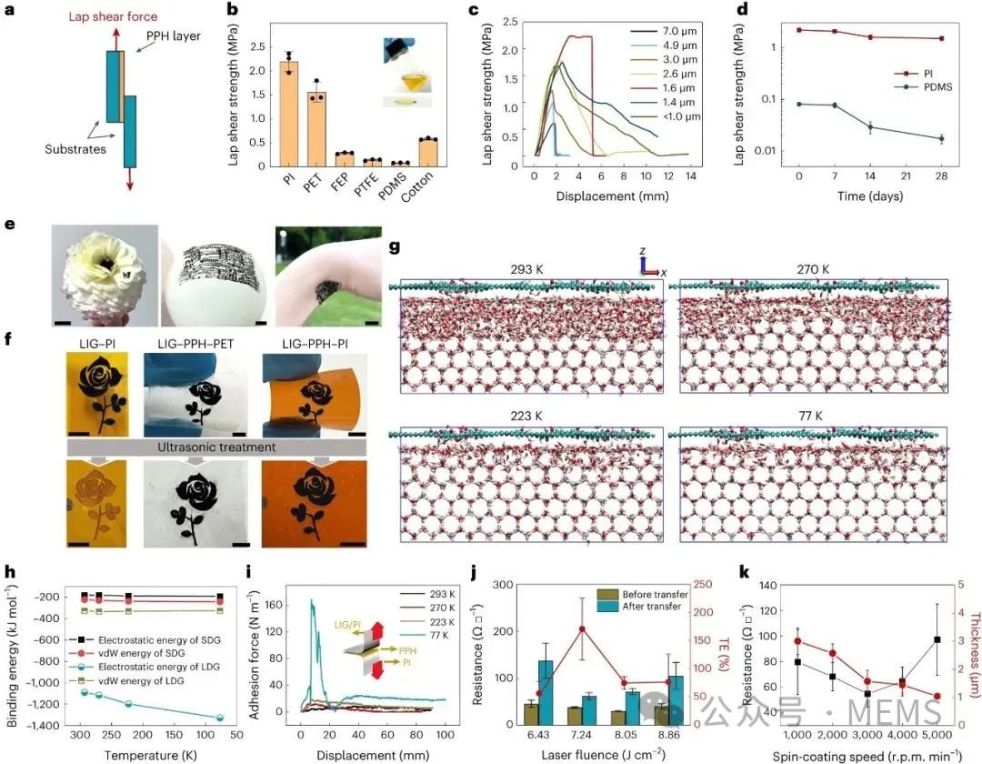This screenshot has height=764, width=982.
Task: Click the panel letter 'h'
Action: (9, 573)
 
